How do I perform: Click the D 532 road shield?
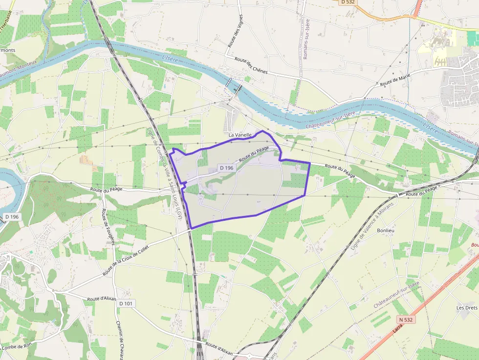click(x=348, y=2)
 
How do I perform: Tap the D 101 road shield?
click(x=126, y=303)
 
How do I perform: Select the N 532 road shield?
click(x=405, y=319)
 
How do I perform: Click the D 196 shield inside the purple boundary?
click(x=227, y=168)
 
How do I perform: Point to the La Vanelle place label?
click(x=240, y=134)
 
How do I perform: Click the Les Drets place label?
click(x=466, y=308)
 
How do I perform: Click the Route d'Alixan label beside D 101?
click(x=101, y=298)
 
